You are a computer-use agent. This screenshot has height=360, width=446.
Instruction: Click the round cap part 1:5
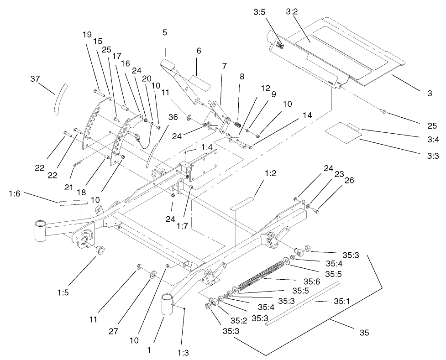(x=98, y=249)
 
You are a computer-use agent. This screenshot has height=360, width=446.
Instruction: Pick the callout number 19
(x=87, y=34)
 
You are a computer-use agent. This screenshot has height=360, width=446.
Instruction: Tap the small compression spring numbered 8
(x=237, y=124)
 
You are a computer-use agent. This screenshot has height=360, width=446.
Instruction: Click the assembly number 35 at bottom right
(x=364, y=333)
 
